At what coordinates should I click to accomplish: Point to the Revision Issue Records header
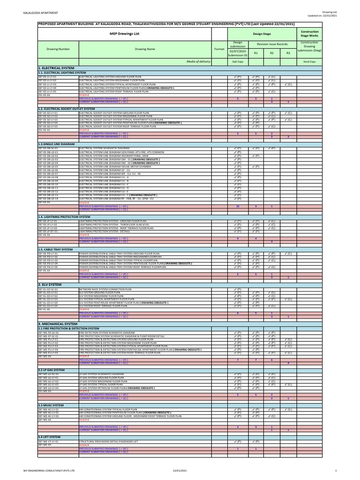pyautogui.click(x=272, y=44)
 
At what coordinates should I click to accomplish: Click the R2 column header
pyautogui.click(x=272, y=53)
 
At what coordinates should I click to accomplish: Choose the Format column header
pyautogui.click(x=219, y=49)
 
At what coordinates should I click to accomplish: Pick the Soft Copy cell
pyautogui.click(x=238, y=61)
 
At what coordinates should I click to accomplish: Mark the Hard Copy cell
pyautogui.click(x=309, y=61)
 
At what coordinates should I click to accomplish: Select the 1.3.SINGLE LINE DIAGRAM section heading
pyautogui.click(x=56, y=144)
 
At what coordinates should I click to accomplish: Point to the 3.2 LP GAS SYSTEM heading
pyautogui.click(x=52, y=370)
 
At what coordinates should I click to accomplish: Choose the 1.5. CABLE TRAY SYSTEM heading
pyautogui.click(x=55, y=249)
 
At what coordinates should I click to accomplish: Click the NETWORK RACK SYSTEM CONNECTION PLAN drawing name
pyautogui.click(x=109, y=290)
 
